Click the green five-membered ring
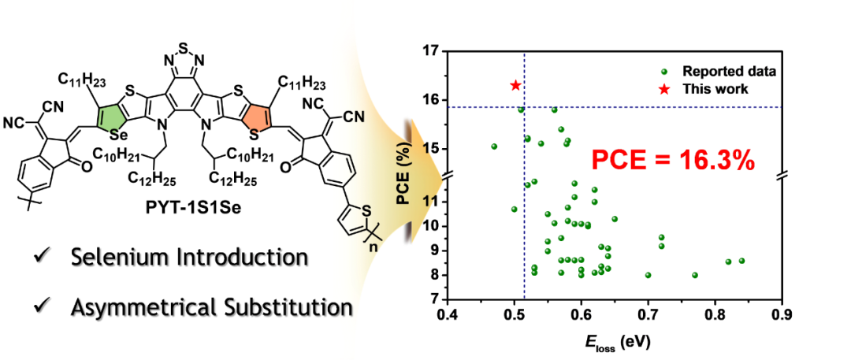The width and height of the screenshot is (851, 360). point(111,118)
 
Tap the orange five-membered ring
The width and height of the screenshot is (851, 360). point(257,118)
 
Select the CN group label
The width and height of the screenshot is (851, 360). point(354,117)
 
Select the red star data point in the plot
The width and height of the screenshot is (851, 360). point(515,85)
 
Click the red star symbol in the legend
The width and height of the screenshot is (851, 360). point(664,89)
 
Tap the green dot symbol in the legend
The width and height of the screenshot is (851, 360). point(664,72)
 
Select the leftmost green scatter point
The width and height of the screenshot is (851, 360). point(494,146)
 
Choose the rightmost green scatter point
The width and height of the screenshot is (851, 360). point(741,261)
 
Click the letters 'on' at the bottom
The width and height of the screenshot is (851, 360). point(341,309)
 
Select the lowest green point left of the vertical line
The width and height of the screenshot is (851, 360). point(514,209)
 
